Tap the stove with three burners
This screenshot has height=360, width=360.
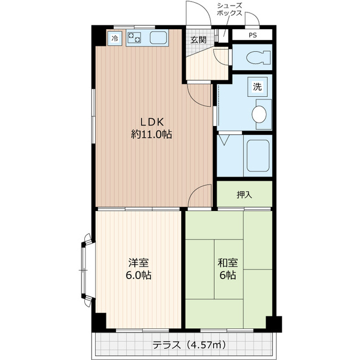(x=134, y=38)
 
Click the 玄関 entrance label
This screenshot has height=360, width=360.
(x=197, y=39)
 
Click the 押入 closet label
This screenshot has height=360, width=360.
(x=244, y=195)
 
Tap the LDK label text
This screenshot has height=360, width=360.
(x=151, y=122)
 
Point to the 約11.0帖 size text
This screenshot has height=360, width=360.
(x=151, y=134)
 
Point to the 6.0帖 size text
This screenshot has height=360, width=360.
(x=139, y=276)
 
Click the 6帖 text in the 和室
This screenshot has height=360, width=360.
(x=228, y=276)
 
